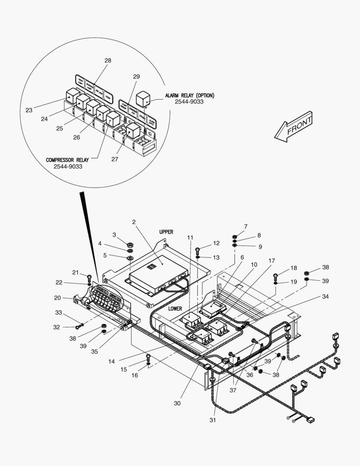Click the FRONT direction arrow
[294, 127]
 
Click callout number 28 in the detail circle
[108, 60]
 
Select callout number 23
[29, 110]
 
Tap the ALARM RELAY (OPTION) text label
[189, 95]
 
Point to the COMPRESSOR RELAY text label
[67, 160]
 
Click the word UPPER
[166, 232]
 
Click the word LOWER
[175, 309]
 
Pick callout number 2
[134, 222]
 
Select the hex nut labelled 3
[130, 243]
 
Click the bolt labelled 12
[198, 249]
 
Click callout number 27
[115, 159]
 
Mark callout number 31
[213, 420]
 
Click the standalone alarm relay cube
[143, 98]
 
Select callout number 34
[325, 296]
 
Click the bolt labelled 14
[148, 357]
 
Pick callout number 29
[136, 76]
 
